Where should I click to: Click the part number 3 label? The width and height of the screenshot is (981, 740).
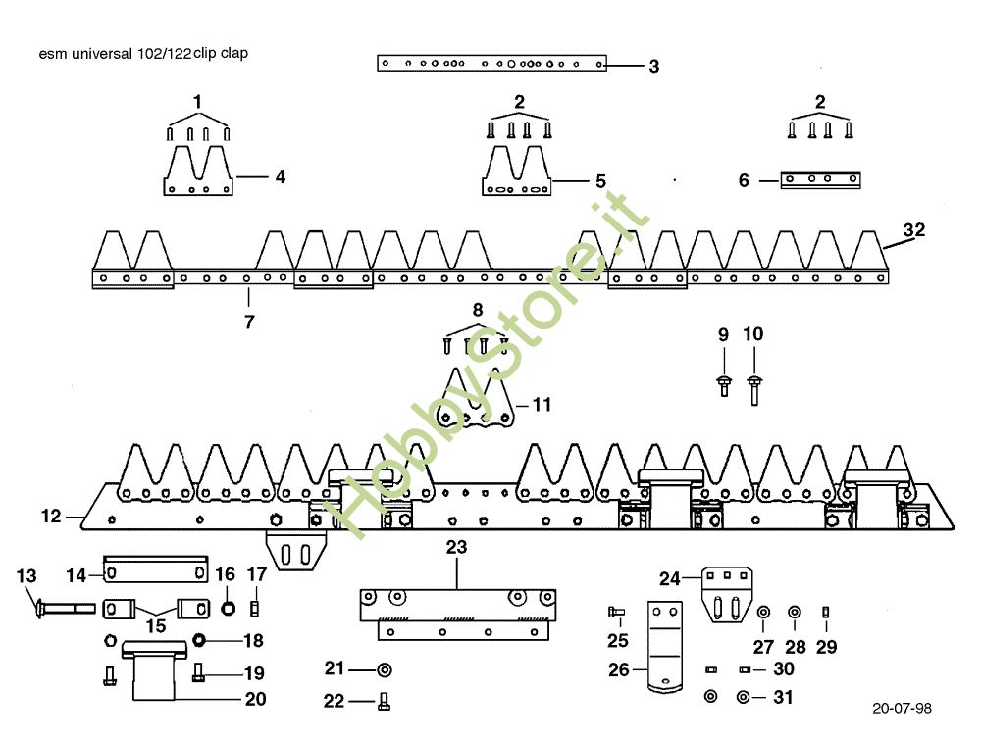pyautogui.click(x=653, y=67)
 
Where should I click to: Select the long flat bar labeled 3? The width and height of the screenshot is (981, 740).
pyautogui.click(x=491, y=64)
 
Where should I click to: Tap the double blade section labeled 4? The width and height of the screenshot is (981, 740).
pyautogui.click(x=197, y=173)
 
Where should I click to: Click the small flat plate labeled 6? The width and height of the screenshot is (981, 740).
pyautogui.click(x=820, y=179)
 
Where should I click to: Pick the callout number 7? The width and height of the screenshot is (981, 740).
pyautogui.click(x=249, y=321)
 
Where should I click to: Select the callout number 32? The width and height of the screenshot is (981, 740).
pyautogui.click(x=913, y=230)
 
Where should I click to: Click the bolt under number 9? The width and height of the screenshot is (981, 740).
pyautogui.click(x=724, y=383)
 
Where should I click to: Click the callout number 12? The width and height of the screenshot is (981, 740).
pyautogui.click(x=51, y=515)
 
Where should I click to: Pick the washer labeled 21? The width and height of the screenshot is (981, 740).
pyautogui.click(x=384, y=669)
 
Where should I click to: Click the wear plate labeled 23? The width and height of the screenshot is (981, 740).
pyautogui.click(x=457, y=614)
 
